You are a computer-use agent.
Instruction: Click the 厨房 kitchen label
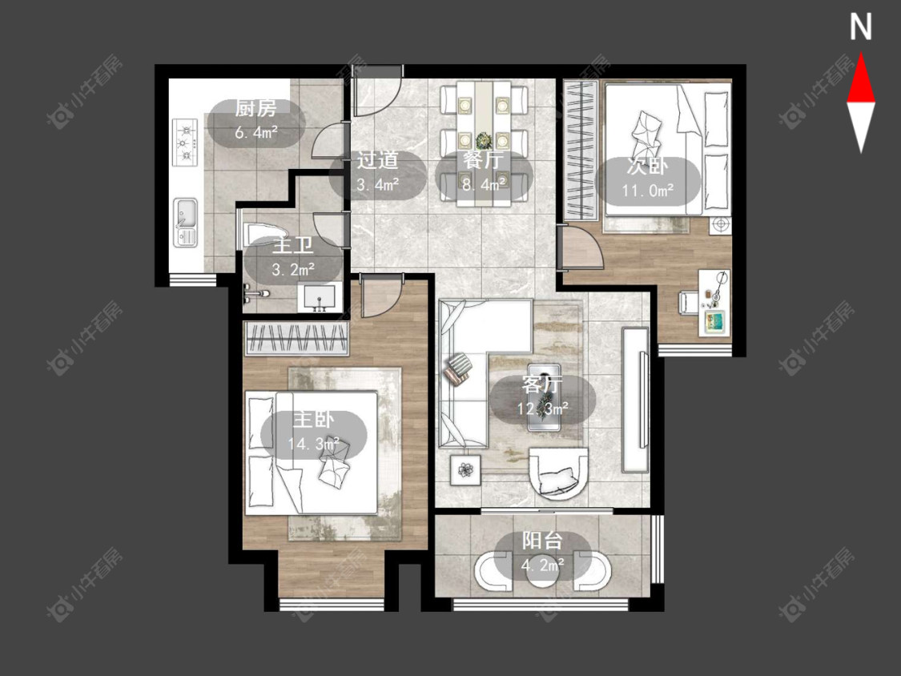tap(255, 108)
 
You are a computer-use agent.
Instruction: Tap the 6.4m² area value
tap(256, 133)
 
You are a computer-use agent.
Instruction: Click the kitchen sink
tap(185, 222)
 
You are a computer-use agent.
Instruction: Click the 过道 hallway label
tap(377, 160)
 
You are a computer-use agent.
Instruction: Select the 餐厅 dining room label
tap(483, 160)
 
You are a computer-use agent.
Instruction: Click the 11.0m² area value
tap(648, 191)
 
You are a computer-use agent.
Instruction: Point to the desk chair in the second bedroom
tap(689, 303)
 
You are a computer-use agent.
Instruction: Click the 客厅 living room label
tap(541, 384)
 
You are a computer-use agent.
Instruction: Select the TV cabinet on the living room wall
tap(635, 400)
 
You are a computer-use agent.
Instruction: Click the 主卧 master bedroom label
tap(313, 419)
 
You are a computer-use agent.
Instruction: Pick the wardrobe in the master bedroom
tap(296, 339)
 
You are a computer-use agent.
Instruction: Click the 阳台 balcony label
tap(542, 541)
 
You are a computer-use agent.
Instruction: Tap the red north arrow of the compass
tap(861, 79)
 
